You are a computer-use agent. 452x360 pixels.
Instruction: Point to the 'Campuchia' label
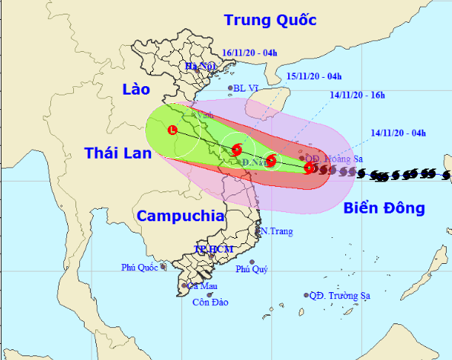coord(181,215)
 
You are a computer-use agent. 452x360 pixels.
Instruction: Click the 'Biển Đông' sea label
coord(383,207)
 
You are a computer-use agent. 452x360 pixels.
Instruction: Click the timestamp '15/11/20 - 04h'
coord(314,76)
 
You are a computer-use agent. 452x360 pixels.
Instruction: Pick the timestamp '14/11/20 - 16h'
coord(359,95)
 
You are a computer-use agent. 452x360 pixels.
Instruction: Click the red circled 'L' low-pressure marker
coord(173,130)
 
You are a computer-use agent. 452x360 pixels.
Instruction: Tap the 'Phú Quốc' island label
coord(139,267)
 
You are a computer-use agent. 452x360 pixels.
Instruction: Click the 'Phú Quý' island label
coord(251,269)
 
